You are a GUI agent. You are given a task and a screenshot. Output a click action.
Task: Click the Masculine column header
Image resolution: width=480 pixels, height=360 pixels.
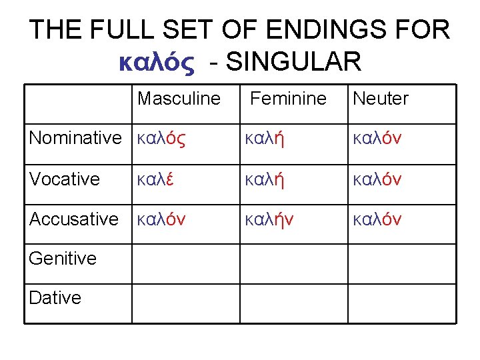179,99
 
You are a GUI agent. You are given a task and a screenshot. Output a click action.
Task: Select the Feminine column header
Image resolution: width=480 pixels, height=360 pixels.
288,99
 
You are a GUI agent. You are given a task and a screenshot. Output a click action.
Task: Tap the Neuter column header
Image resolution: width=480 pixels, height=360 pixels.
380,99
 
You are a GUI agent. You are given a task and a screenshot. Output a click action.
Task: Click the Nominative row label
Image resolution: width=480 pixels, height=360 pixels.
75,139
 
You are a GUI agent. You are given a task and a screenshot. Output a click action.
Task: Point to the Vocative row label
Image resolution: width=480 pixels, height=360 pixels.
65,179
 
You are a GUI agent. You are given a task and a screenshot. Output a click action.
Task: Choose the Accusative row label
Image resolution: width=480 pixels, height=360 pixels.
74,219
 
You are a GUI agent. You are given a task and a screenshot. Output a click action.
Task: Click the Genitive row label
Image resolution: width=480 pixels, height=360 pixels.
63,258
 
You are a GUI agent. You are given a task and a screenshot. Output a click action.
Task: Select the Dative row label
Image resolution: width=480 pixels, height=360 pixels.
55,298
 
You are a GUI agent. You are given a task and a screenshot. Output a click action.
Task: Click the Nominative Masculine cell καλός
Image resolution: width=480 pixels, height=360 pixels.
161,139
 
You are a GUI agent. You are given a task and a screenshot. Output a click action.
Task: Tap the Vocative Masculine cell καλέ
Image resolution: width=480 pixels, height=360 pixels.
155,179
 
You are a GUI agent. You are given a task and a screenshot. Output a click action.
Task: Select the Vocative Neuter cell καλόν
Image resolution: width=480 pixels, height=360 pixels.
377,179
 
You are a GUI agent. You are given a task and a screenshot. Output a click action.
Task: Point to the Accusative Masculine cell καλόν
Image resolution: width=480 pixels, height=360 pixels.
161,219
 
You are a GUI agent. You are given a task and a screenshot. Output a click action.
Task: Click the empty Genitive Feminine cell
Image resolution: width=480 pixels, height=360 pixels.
293,264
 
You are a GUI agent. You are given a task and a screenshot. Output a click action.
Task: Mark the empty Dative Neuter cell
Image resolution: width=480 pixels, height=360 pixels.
401,304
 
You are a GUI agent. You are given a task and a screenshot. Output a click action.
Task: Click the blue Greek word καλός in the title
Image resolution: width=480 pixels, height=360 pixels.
156,62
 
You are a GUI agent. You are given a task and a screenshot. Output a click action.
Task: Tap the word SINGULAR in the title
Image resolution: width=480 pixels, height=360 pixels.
294,62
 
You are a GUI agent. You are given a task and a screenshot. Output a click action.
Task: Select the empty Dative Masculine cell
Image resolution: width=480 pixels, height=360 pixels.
185,304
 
